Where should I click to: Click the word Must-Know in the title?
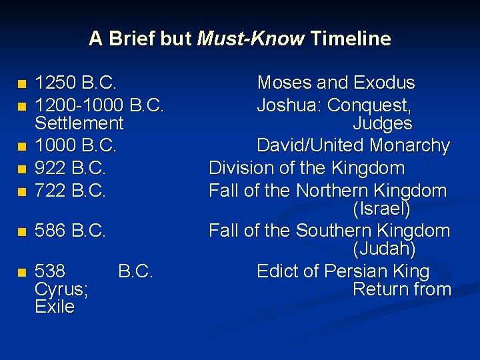(x=251, y=39)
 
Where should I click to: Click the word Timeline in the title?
(x=351, y=39)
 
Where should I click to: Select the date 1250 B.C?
(x=76, y=83)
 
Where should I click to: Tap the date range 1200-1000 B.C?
(x=99, y=105)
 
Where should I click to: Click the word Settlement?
(x=79, y=123)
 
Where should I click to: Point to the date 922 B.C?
(x=71, y=168)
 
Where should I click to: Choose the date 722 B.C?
(x=71, y=191)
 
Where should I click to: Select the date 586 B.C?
(x=71, y=231)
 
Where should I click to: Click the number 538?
(x=50, y=271)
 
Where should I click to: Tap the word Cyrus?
(x=63, y=289)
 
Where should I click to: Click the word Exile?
(x=55, y=307)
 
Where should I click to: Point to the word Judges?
(x=382, y=123)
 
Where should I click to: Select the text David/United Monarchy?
(x=353, y=145)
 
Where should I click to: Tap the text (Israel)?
(x=381, y=209)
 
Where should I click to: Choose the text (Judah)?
(x=384, y=249)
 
